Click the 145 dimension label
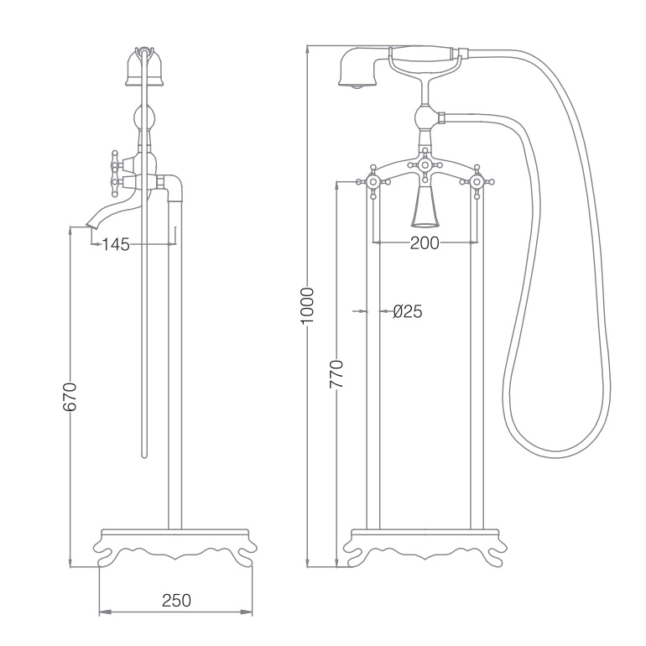point(116,244)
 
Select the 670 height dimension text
point(70,397)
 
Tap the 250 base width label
point(176,600)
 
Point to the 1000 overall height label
point(307,306)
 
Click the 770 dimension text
point(336,374)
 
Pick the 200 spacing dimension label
point(425,243)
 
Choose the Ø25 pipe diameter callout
point(408,311)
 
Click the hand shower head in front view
point(358,68)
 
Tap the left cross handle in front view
point(373,182)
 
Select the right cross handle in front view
point(477,182)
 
